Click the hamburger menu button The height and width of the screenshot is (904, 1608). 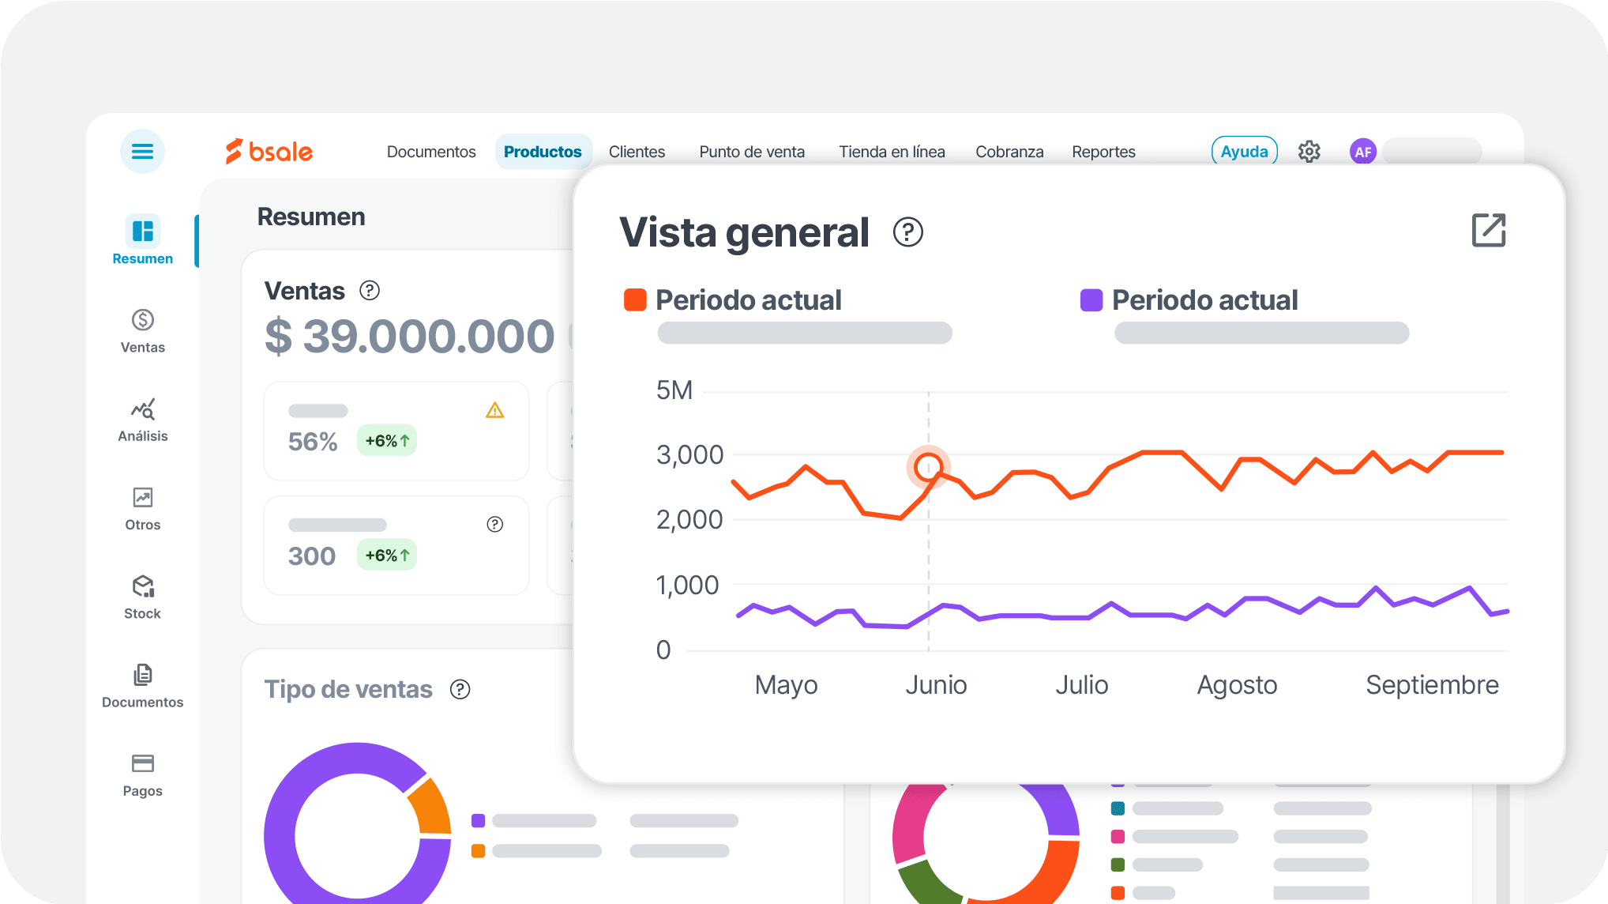pos(142,151)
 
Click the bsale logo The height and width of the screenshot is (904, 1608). pos(269,151)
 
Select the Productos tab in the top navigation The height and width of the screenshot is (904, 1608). pos(543,152)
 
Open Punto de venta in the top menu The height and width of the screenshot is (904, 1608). pos(751,152)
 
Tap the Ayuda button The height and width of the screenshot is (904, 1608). pos(1244,151)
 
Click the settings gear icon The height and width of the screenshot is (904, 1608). pos(1309,152)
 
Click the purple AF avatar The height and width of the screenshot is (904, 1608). pos(1362,152)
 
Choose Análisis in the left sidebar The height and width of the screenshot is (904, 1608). pos(143,420)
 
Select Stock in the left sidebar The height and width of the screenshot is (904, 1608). pos(143,597)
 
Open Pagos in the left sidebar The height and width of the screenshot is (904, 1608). pos(143,774)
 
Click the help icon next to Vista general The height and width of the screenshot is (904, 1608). pos(907,232)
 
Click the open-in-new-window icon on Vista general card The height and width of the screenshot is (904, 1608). pos(1488,231)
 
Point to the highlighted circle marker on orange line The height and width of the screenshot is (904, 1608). pos(928,467)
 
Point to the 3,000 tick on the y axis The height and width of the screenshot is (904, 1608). pos(689,455)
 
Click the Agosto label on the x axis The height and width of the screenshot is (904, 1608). pos(1237,684)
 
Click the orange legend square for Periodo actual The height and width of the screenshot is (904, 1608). pos(635,300)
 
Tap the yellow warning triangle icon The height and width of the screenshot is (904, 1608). pos(494,410)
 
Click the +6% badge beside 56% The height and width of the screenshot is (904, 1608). pos(387,441)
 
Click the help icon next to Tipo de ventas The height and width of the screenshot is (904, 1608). pos(460,689)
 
